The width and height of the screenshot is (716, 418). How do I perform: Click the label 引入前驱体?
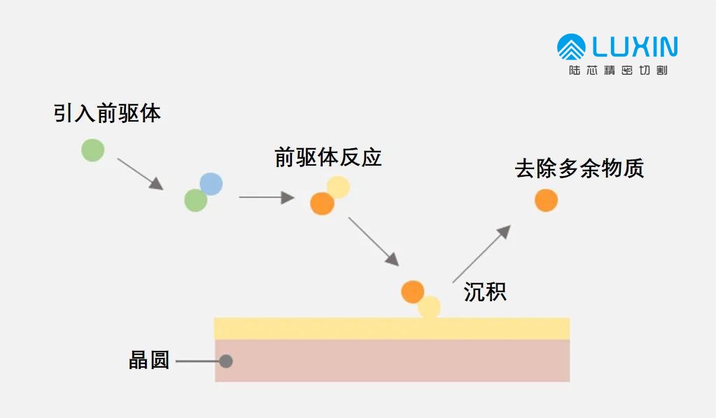tap(107, 113)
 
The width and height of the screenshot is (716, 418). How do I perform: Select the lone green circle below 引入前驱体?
tap(92, 150)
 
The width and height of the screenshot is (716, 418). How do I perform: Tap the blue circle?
tap(211, 184)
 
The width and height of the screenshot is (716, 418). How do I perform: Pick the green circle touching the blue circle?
tap(196, 201)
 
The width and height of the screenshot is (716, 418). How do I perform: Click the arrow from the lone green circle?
tap(140, 173)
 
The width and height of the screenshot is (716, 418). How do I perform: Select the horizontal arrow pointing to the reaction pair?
tap(266, 198)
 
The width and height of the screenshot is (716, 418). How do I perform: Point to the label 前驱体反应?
tap(328, 157)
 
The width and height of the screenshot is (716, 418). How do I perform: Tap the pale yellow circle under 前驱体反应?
tap(338, 187)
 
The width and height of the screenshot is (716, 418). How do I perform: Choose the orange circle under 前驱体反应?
tap(322, 203)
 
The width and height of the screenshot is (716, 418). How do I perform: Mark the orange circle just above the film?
tap(413, 291)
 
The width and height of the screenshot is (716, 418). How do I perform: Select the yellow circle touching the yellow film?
tap(429, 308)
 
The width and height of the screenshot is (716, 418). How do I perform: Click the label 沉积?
tap(485, 291)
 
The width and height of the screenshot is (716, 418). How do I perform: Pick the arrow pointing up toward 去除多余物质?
tap(482, 254)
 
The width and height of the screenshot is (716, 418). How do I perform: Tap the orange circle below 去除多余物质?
tap(546, 200)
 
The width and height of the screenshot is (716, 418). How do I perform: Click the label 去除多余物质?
tap(579, 169)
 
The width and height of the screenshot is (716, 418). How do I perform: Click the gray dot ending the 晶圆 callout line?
tap(225, 361)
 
